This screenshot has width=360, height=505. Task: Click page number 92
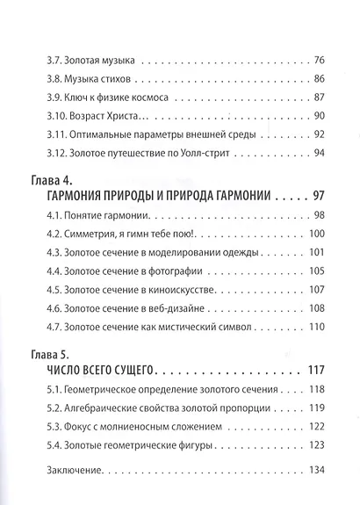click(318, 133)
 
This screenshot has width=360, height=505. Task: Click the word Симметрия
click(101, 232)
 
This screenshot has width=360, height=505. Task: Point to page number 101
click(315, 250)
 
